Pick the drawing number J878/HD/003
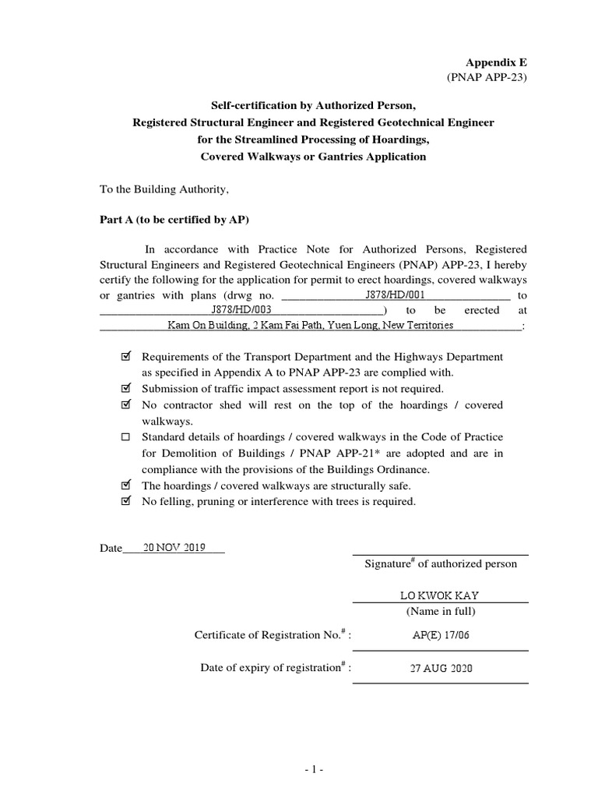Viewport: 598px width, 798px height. pos(242,310)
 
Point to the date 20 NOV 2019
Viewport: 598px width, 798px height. pos(169,547)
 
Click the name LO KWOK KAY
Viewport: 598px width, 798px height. pos(440,596)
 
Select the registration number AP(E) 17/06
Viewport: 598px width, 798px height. pos(441,636)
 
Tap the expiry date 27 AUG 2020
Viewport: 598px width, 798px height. pos(441,669)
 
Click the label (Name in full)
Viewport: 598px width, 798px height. pos(441,611)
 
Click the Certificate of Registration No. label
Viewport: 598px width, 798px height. pos(273,636)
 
